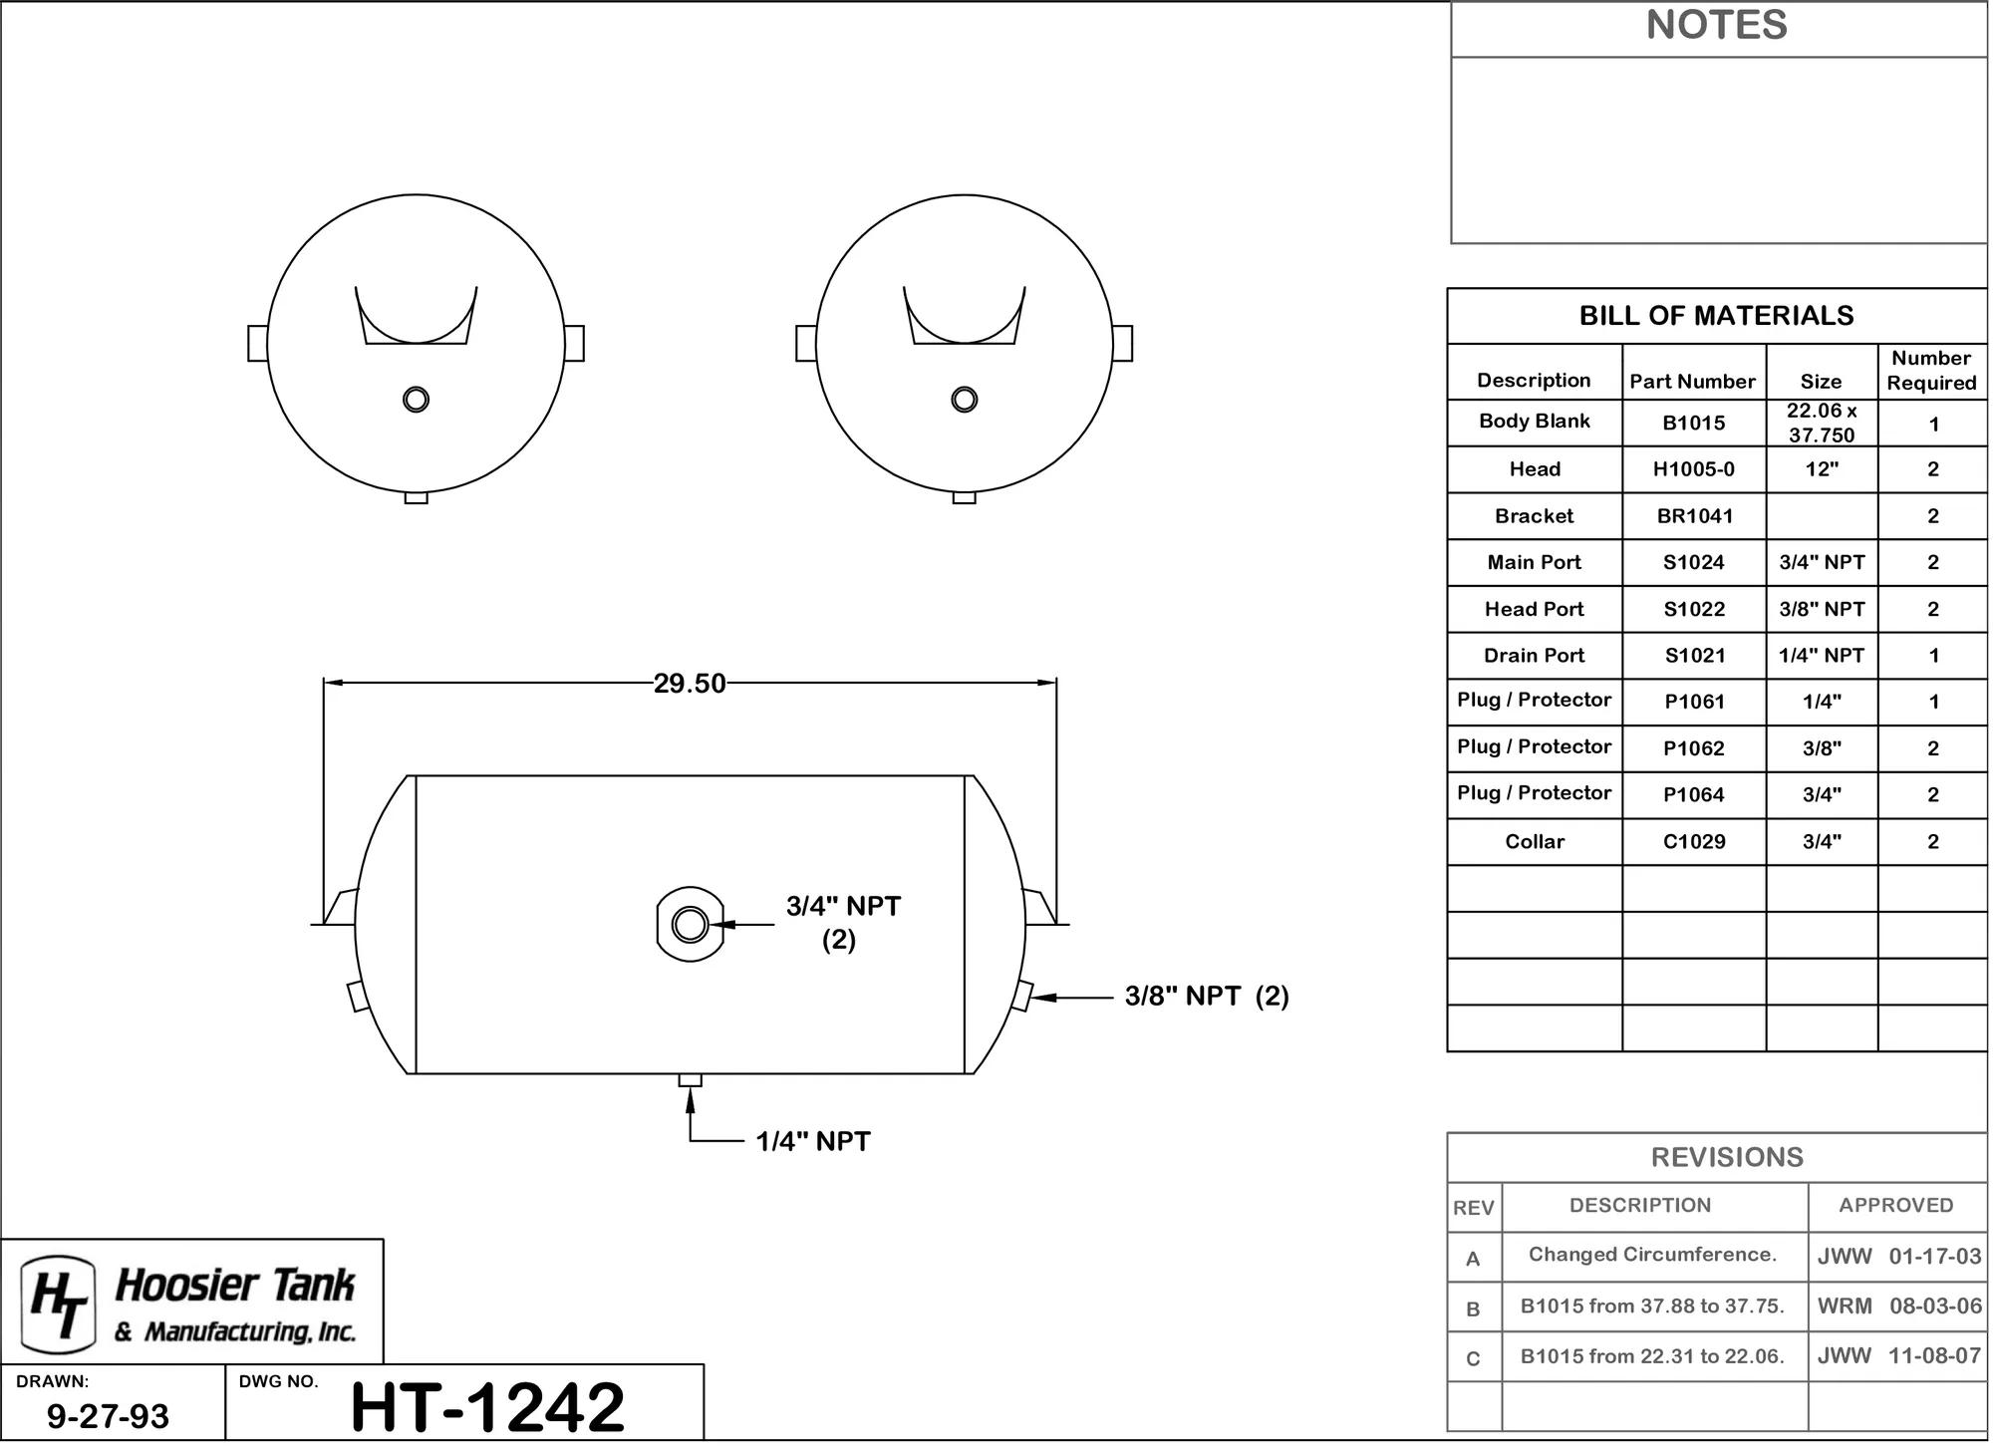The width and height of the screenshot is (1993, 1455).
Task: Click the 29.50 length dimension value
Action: point(690,684)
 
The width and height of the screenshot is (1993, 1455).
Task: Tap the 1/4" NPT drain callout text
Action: point(813,1141)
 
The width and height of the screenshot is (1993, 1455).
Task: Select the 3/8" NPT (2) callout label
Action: point(1207,996)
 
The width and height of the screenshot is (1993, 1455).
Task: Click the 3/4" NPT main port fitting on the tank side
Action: point(690,925)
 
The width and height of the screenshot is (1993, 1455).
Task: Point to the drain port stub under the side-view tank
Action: point(690,1080)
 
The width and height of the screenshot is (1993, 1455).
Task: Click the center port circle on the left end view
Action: point(416,400)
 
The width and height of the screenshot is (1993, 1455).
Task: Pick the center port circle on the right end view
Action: point(964,400)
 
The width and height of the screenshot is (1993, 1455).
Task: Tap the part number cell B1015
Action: point(1694,423)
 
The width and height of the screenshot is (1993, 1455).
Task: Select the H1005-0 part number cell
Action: point(1694,469)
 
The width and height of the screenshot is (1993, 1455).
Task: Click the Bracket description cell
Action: point(1534,516)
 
